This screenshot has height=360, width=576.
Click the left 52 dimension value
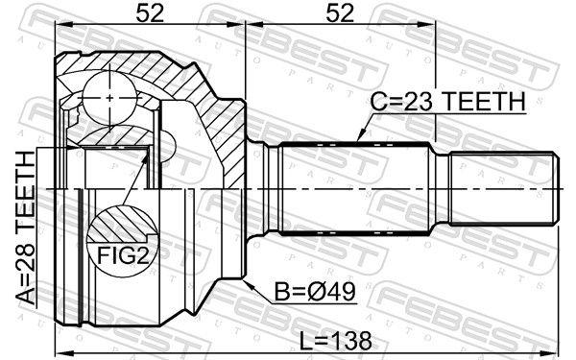point(150,13)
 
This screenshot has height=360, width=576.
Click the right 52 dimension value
point(340,13)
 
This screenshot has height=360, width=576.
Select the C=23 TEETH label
point(447,102)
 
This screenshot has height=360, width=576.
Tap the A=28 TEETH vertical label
point(27,228)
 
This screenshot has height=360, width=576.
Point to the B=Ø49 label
point(315,292)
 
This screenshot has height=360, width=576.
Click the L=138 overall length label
point(336,341)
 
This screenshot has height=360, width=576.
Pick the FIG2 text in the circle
point(123,255)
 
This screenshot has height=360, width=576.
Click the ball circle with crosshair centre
point(109,98)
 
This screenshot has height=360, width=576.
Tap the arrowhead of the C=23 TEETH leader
point(360,137)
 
